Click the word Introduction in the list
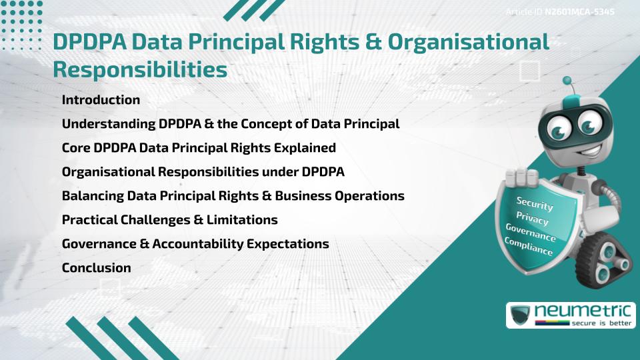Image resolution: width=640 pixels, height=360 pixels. (x=101, y=100)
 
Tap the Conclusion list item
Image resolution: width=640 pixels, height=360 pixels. (x=96, y=268)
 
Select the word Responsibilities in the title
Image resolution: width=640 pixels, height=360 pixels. (x=140, y=69)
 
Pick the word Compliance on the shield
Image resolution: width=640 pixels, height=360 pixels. (x=528, y=246)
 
